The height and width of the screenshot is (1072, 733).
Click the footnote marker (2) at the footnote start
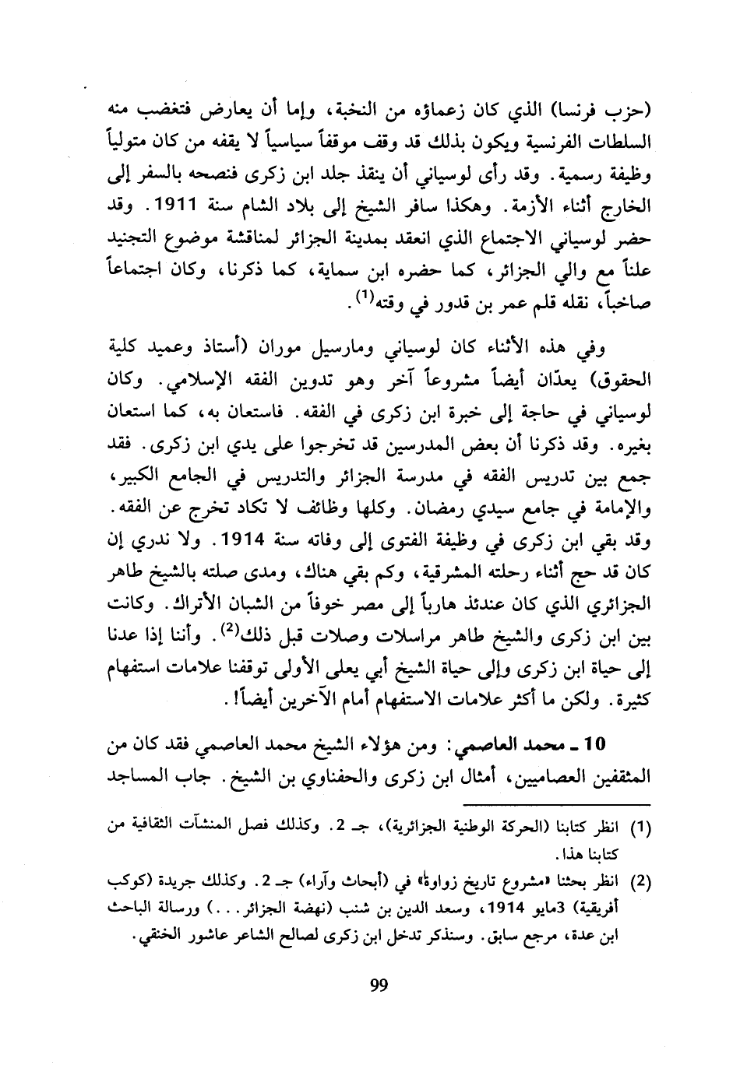(638, 882)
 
